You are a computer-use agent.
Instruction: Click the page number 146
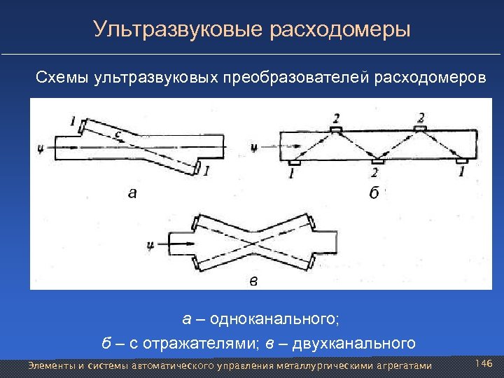pos(484,364)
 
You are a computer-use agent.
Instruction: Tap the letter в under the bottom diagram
pos(253,281)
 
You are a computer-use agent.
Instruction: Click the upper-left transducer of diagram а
pos(83,127)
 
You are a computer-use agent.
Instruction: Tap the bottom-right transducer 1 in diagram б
pos(461,162)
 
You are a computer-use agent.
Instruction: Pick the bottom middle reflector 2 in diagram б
pos(377,162)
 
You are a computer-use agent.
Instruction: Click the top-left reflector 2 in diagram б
pos(336,129)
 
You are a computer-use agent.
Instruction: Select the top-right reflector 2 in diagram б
pos(419,129)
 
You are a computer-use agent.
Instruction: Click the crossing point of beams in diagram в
pos(253,244)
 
